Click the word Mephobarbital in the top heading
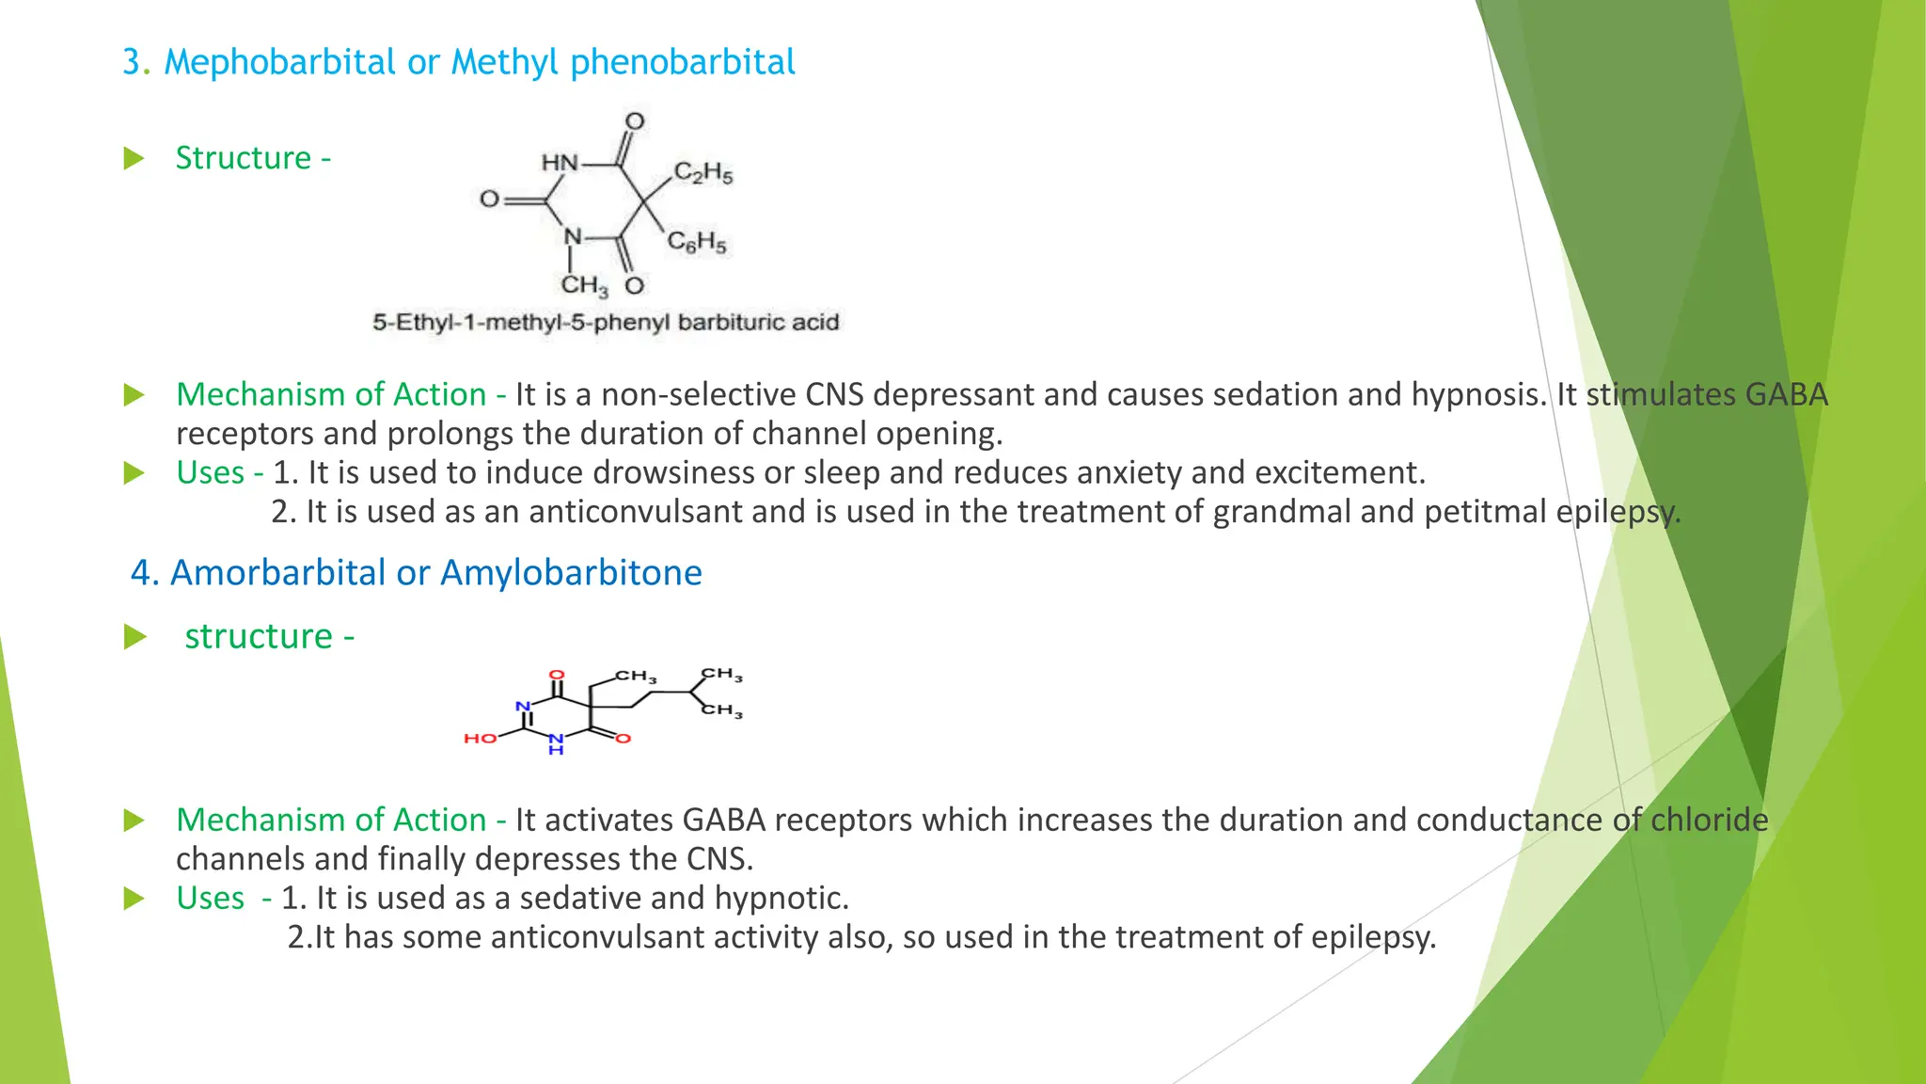pos(279,62)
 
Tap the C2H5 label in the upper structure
pos(703,173)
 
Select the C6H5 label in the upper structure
pos(697,243)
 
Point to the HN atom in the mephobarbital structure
pos(560,163)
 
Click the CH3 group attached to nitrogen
pos(584,284)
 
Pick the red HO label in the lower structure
pos(480,739)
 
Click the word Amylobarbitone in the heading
pos(571,572)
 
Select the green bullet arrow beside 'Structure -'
pos(134,158)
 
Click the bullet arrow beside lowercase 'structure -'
pos(135,637)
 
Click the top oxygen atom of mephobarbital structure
pos(635,121)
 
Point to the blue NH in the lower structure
pos(556,743)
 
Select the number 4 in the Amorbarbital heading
pos(140,572)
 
